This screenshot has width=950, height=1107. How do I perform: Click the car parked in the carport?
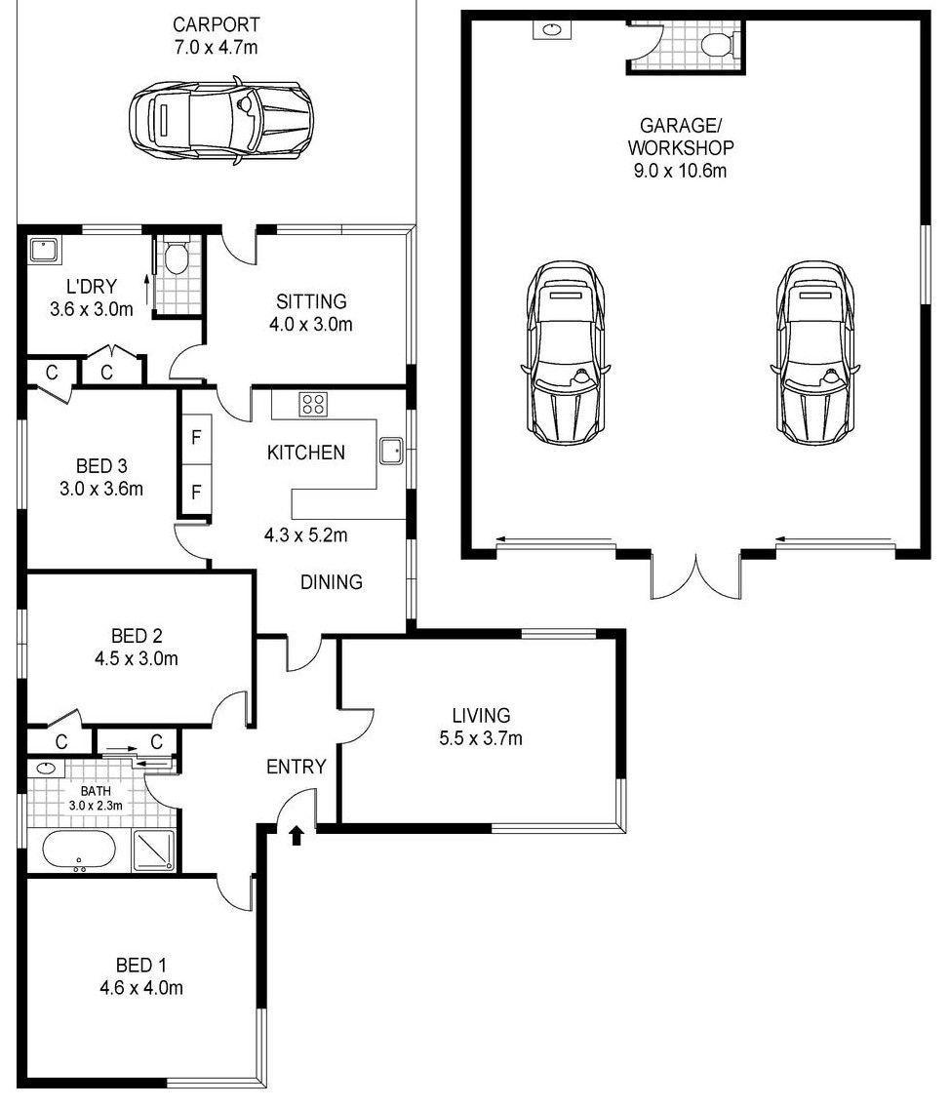(220, 122)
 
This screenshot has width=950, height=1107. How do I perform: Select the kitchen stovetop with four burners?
(313, 405)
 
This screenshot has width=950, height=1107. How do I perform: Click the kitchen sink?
(391, 451)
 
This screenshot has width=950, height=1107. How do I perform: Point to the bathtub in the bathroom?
(78, 850)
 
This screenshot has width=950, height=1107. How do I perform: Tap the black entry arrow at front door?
(297, 835)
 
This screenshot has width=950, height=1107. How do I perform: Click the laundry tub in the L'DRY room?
(45, 251)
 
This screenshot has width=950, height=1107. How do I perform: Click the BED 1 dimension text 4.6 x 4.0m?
(141, 988)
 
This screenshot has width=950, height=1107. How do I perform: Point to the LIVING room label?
(482, 715)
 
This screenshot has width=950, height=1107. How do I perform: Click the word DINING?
(332, 581)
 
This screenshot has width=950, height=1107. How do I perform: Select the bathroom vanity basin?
(47, 769)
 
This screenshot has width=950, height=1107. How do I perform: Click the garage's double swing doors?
(695, 575)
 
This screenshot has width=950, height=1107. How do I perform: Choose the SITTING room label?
(311, 301)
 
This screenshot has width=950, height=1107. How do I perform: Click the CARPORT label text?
(216, 24)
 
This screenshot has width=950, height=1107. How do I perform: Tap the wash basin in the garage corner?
(551, 29)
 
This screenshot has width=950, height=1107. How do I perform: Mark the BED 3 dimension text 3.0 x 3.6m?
(101, 489)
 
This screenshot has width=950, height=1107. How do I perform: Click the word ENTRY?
(297, 766)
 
